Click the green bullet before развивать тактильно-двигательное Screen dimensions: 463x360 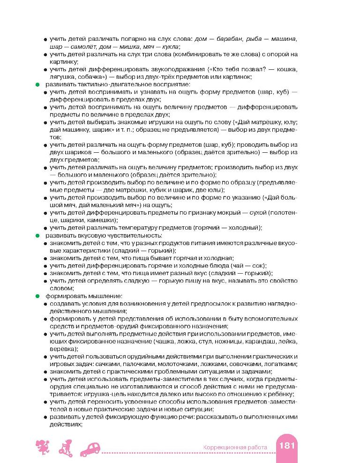(38, 84)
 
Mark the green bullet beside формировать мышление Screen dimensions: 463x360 (38, 296)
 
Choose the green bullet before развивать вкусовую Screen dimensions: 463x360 (38, 235)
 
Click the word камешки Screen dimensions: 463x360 (103, 220)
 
